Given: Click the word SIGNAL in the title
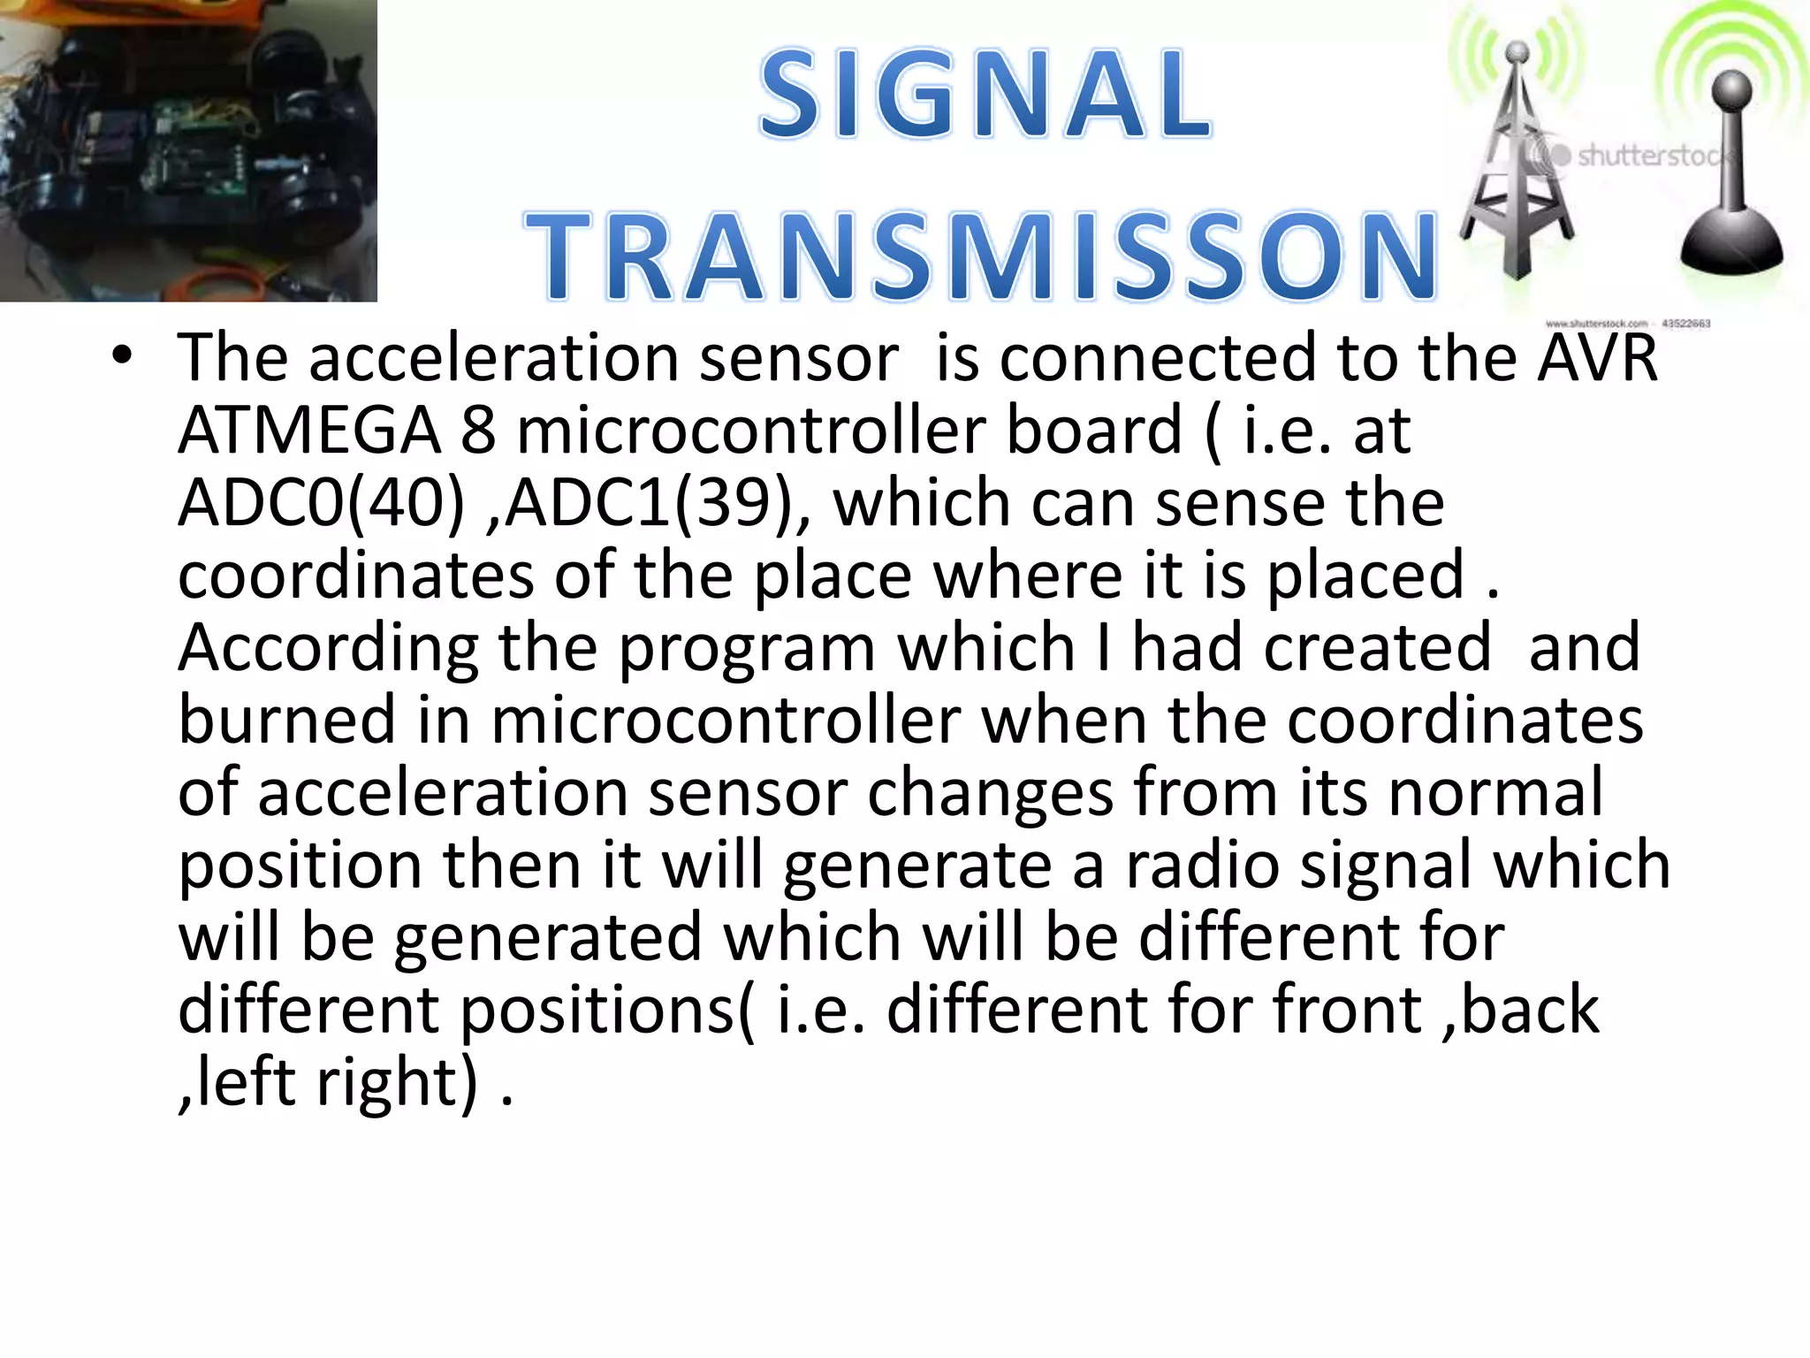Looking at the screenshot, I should click(x=985, y=95).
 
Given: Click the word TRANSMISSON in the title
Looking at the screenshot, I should click(x=981, y=256).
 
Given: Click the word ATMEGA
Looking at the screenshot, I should click(x=308, y=431).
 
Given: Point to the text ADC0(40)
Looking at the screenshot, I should click(x=321, y=503).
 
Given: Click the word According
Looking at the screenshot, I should click(x=328, y=648).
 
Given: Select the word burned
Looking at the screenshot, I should click(x=286, y=721).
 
